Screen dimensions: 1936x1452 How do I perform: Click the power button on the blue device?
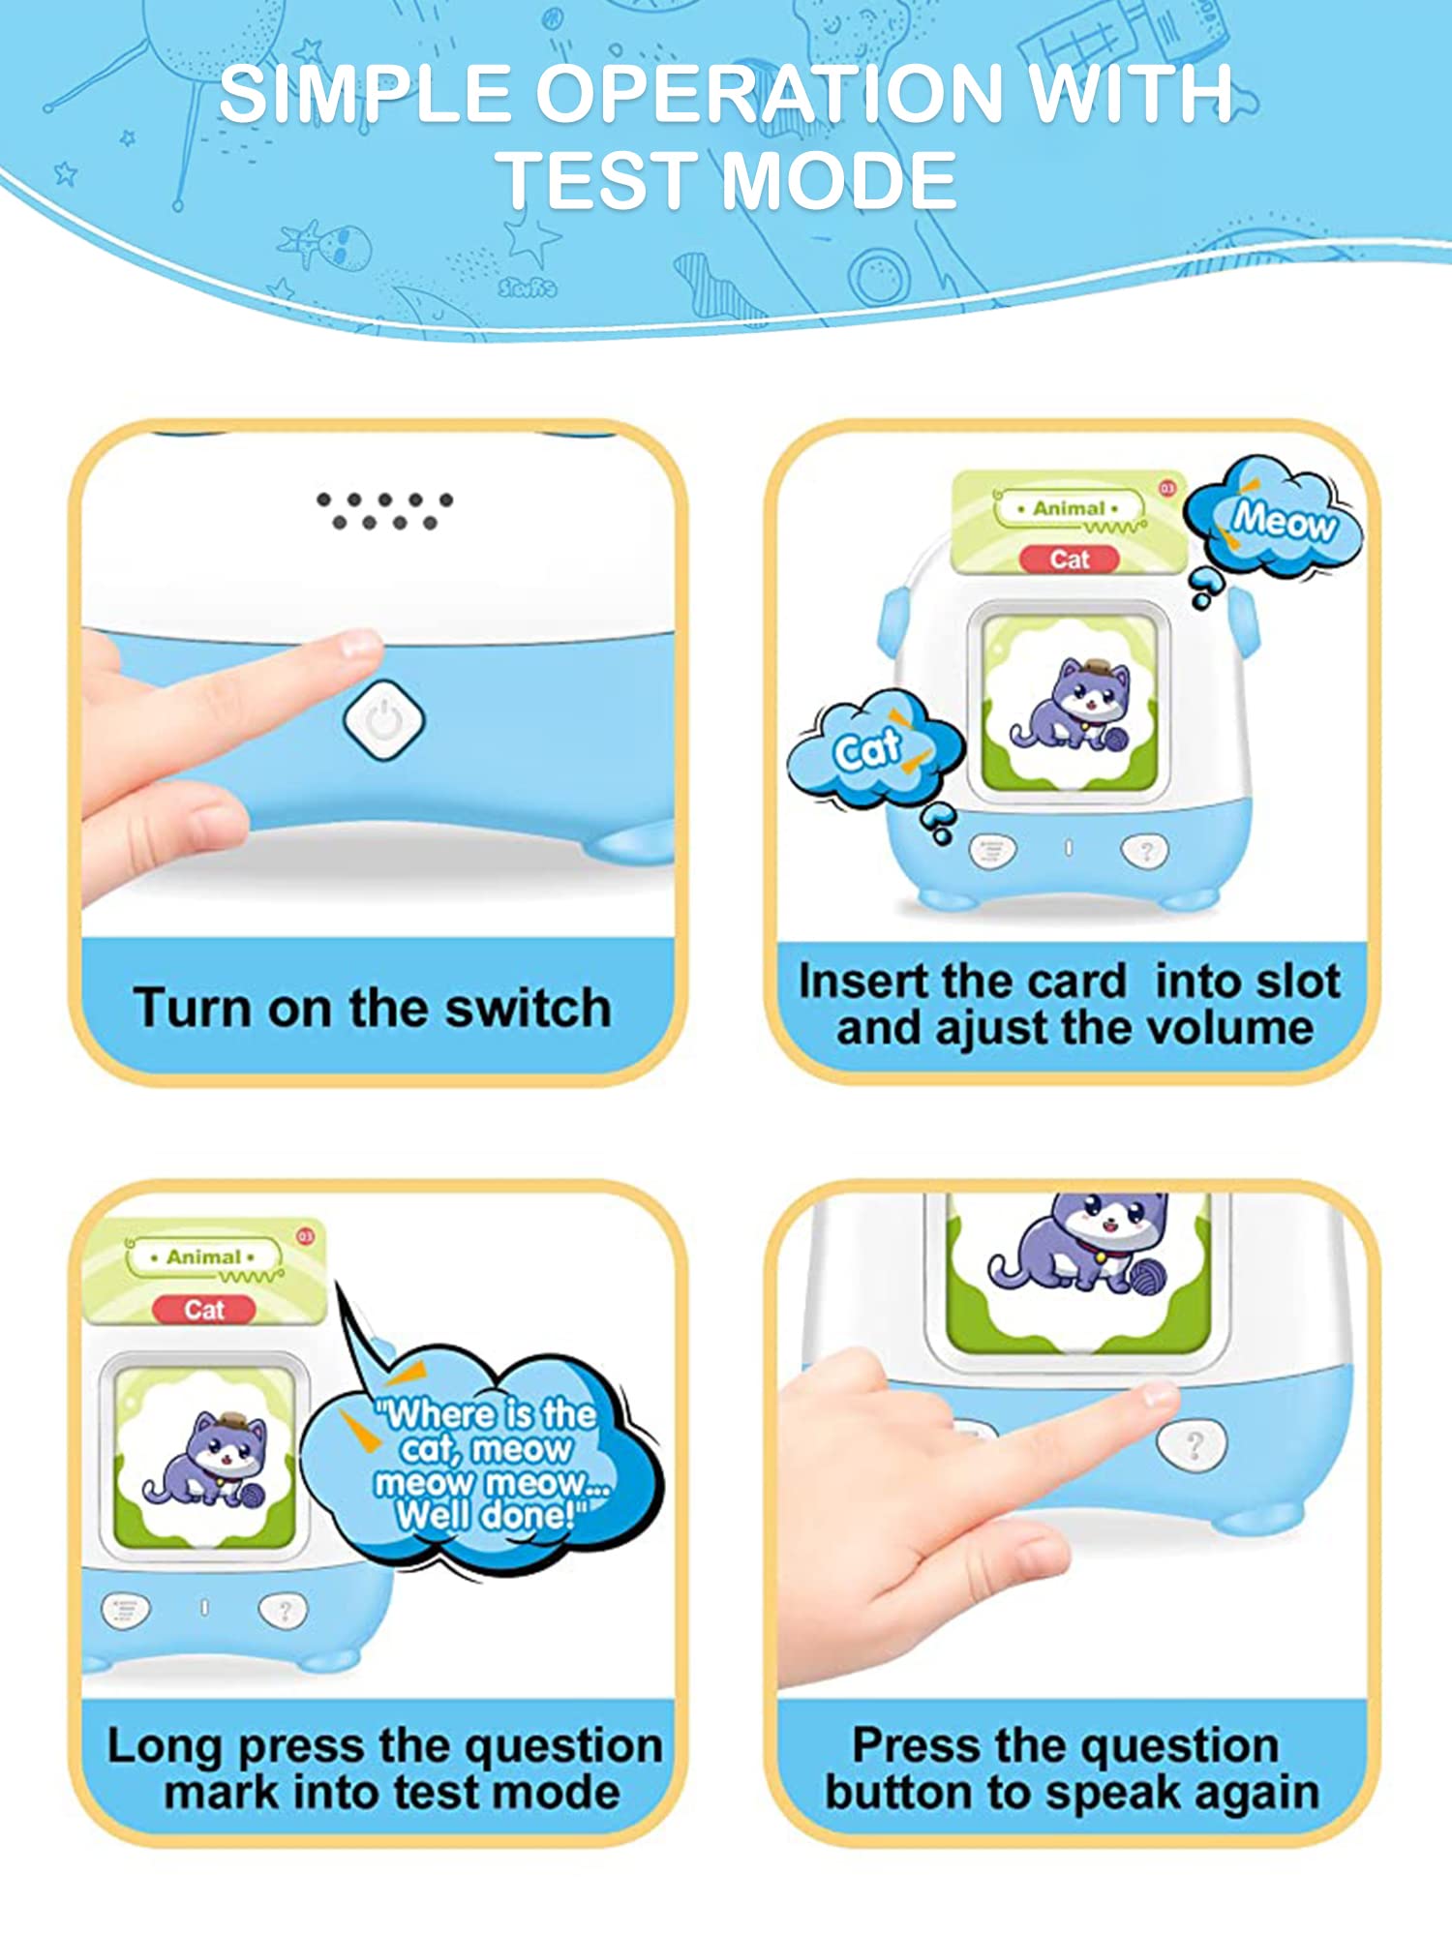tap(384, 720)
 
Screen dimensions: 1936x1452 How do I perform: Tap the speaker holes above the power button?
tap(384, 510)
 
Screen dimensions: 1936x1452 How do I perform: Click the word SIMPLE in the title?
tap(365, 95)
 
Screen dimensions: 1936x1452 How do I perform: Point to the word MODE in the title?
tap(838, 181)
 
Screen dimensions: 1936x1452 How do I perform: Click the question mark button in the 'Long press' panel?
tap(283, 1610)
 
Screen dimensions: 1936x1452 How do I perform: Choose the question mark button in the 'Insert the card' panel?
tap(1145, 851)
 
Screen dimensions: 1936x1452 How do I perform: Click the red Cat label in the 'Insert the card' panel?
tap(1070, 560)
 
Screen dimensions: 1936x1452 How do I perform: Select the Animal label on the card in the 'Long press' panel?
tap(203, 1256)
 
